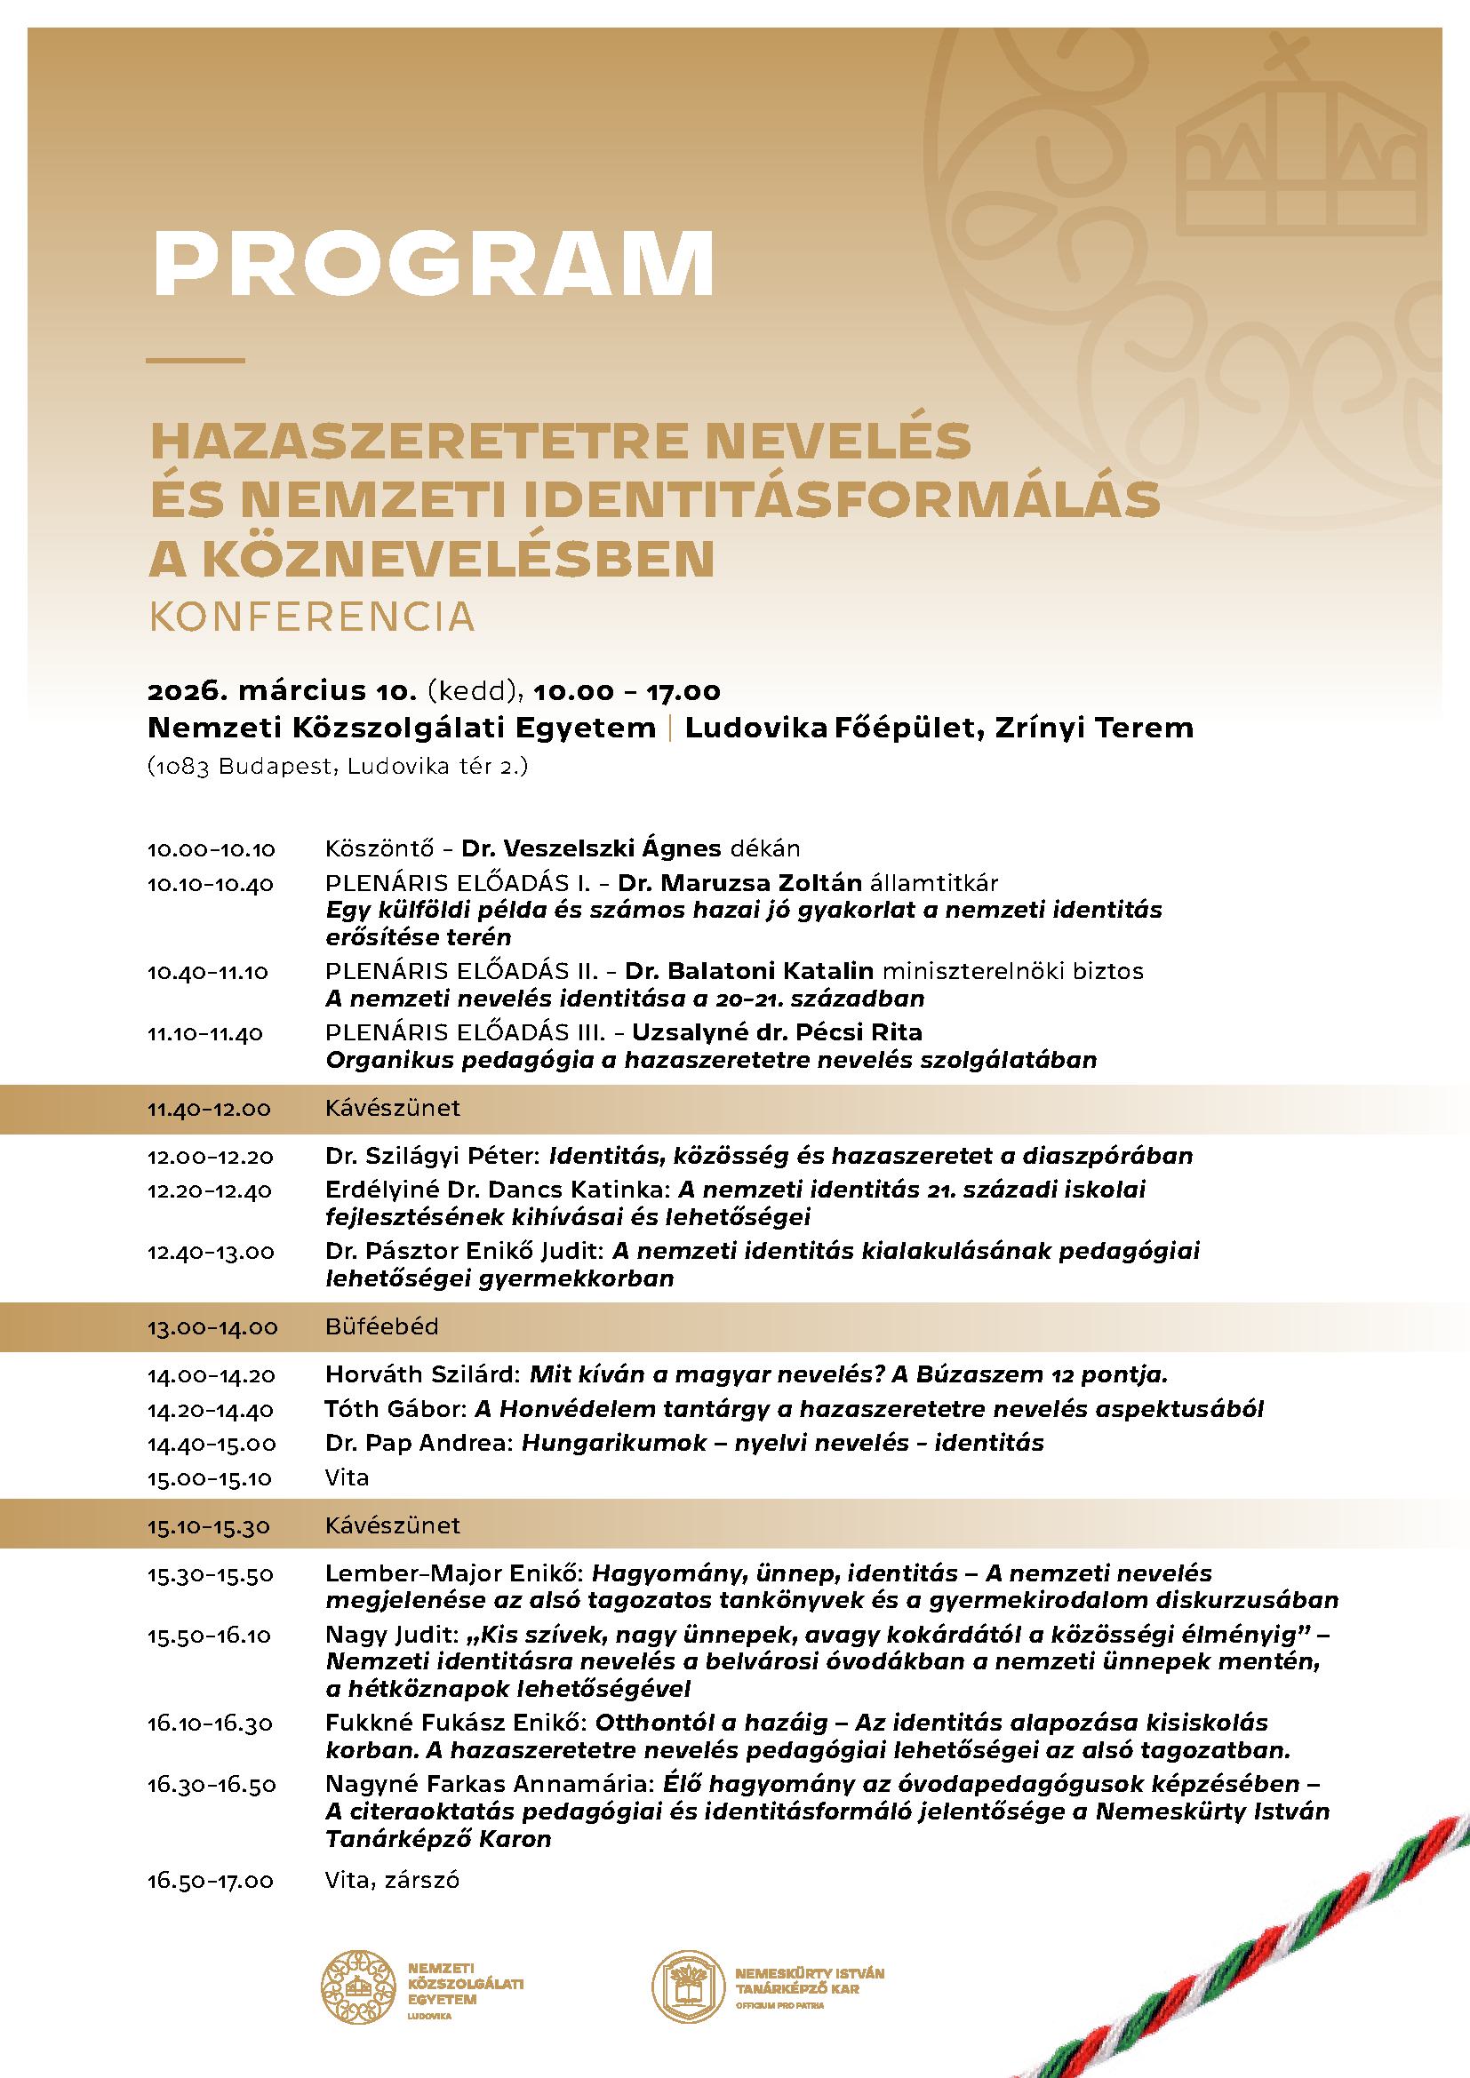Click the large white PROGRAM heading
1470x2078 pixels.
(433, 263)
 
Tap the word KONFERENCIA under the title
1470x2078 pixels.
(311, 617)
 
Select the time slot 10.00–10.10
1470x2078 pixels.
(211, 850)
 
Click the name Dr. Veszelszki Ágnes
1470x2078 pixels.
(591, 849)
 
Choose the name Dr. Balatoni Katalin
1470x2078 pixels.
(748, 971)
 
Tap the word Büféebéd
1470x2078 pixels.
(382, 1326)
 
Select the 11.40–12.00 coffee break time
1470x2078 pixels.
(209, 1109)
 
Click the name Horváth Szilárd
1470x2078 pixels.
(420, 1374)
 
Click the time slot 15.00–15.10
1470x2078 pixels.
(210, 1478)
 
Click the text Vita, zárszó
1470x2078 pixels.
(391, 1874)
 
